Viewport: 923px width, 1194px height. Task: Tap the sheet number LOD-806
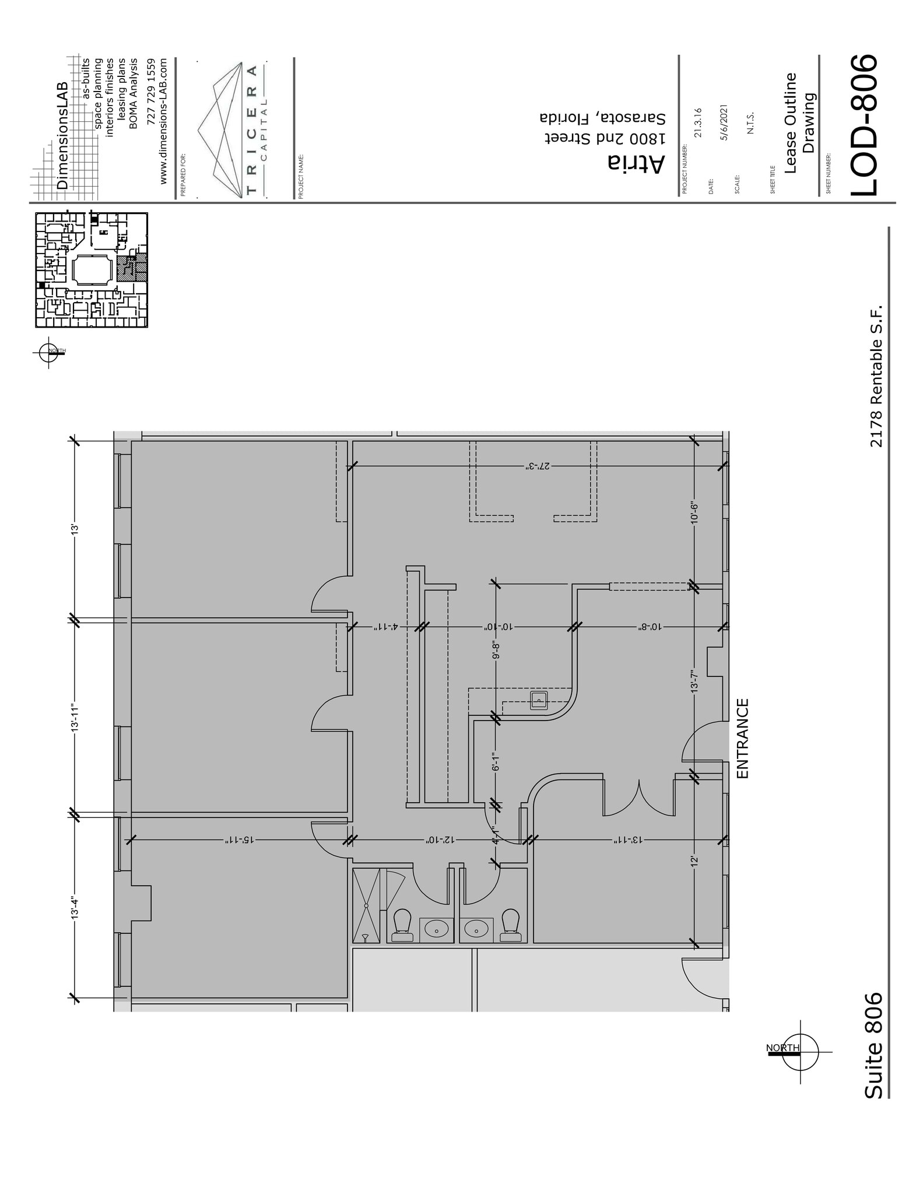click(x=862, y=125)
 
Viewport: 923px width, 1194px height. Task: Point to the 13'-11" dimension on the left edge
click(x=74, y=718)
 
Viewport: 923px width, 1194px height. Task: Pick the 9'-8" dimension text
click(x=496, y=650)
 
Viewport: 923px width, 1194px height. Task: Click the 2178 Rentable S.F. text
click(x=876, y=375)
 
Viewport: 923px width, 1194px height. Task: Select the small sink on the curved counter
click(x=539, y=700)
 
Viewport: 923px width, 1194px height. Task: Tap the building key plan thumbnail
click(x=92, y=269)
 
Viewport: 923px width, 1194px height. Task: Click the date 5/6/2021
click(x=724, y=122)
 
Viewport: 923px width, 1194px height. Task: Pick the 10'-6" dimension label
click(x=694, y=513)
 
